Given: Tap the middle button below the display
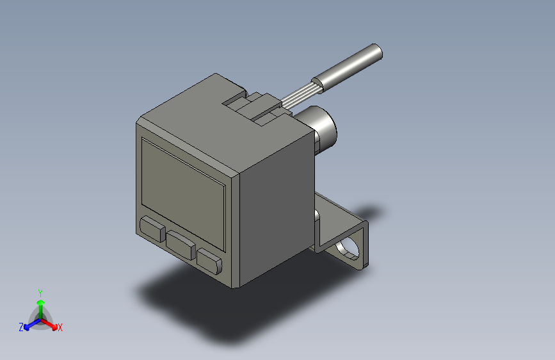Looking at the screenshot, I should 182,244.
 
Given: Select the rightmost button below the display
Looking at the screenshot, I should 209,260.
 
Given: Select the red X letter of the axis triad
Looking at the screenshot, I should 60,328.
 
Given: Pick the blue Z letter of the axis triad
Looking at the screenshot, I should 21,327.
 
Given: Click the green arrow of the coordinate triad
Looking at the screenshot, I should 40,304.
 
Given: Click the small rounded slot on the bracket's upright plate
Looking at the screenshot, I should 317,215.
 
